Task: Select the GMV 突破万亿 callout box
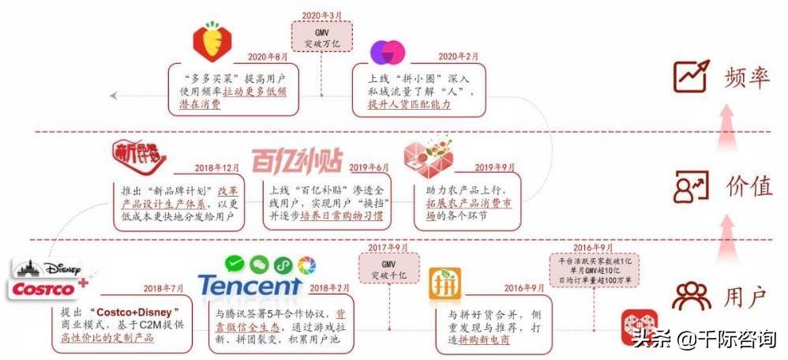coord(322,36)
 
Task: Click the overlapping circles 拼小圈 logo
coord(388,52)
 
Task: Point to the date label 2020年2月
coord(457,57)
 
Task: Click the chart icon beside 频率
coord(691,75)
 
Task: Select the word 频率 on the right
coord(746,76)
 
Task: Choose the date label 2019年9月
coord(494,168)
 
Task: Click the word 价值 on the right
coord(749,187)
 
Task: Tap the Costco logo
coord(43,290)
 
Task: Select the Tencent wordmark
coord(250,285)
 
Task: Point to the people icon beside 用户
coord(691,297)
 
